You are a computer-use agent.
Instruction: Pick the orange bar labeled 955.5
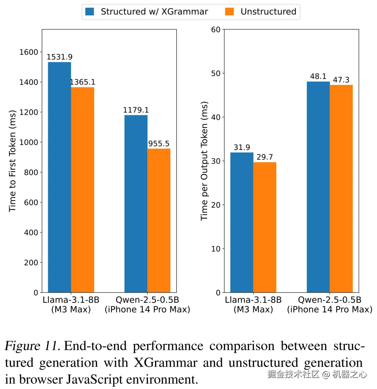pos(159,220)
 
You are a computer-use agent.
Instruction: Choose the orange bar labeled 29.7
pos(265,227)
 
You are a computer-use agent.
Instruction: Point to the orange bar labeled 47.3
pos(341,188)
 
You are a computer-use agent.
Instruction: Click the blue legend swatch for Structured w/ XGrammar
pos(90,12)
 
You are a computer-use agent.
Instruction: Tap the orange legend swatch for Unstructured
pos(229,12)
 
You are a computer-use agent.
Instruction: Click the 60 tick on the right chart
pos(216,29)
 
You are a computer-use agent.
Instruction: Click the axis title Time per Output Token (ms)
pos(205,161)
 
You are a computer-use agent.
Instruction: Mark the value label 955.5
pos(159,144)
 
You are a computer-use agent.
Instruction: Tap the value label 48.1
pos(318,76)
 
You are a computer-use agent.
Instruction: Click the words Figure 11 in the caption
pos(33,346)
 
